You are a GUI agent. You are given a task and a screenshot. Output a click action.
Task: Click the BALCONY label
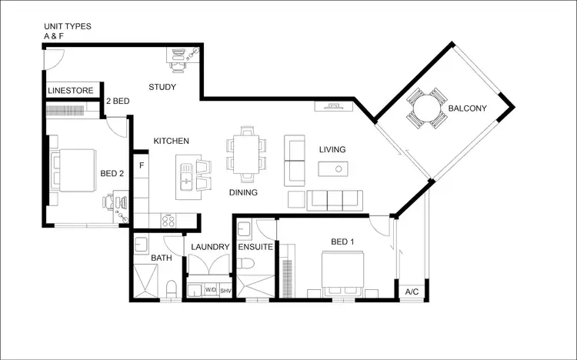pyautogui.click(x=467, y=108)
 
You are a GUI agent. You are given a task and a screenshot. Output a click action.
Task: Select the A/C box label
pyautogui.click(x=412, y=292)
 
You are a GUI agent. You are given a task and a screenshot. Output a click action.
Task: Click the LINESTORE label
pyautogui.click(x=70, y=91)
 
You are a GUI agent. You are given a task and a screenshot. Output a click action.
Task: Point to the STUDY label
pyautogui.click(x=162, y=87)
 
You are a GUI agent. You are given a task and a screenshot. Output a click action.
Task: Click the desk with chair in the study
pyautogui.click(x=184, y=55)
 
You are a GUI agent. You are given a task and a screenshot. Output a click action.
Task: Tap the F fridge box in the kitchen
pyautogui.click(x=142, y=164)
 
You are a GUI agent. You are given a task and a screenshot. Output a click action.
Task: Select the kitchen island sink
pyautogui.click(x=185, y=181)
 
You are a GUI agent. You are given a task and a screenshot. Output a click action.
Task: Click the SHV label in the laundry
pyautogui.click(x=225, y=291)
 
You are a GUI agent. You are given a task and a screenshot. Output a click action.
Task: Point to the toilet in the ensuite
pyautogui.click(x=246, y=264)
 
